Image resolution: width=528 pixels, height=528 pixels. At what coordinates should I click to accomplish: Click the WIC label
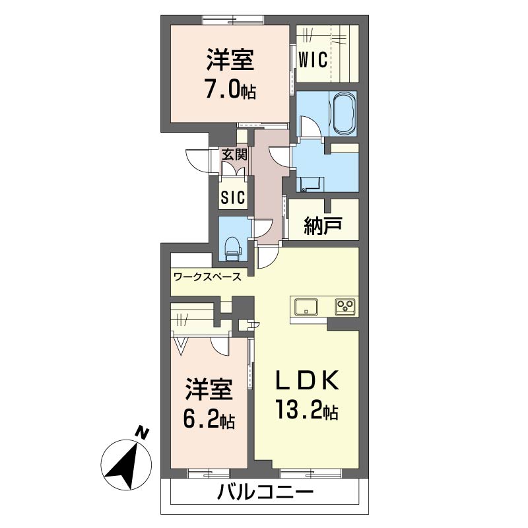(x=313, y=60)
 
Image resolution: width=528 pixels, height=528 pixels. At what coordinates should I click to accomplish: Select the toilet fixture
(x=232, y=249)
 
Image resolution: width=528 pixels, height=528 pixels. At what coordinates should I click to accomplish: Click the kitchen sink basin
(x=306, y=307)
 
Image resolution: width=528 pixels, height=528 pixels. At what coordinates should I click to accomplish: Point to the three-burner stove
(x=345, y=307)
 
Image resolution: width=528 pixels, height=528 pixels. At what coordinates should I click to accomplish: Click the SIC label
(x=233, y=197)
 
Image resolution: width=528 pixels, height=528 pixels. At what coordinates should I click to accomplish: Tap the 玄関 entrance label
(x=234, y=154)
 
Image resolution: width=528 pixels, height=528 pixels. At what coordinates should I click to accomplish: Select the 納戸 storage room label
(x=323, y=225)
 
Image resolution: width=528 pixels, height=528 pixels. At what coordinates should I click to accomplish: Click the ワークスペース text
(x=207, y=277)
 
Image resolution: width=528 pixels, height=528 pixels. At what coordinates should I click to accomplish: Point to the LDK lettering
(x=307, y=381)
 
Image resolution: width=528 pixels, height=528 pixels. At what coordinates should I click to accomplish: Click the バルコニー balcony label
(x=265, y=492)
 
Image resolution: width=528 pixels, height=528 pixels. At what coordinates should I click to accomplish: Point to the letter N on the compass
(x=143, y=433)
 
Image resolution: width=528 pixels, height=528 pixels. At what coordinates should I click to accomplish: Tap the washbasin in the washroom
(x=310, y=184)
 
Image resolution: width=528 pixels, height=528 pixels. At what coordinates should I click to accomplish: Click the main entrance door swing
(x=198, y=160)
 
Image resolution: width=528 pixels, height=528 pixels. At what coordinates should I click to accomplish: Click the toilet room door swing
(x=263, y=229)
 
